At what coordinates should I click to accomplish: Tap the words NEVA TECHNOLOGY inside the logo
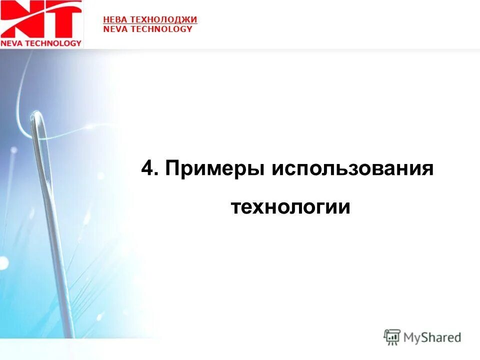tap(41, 43)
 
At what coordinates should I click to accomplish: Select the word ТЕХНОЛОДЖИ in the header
tap(163, 19)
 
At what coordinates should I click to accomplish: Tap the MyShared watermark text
tap(432, 337)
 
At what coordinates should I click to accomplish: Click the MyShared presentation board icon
tap(392, 337)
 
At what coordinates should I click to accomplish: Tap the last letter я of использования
tap(426, 169)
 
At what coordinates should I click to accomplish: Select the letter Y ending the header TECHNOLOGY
tap(189, 29)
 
